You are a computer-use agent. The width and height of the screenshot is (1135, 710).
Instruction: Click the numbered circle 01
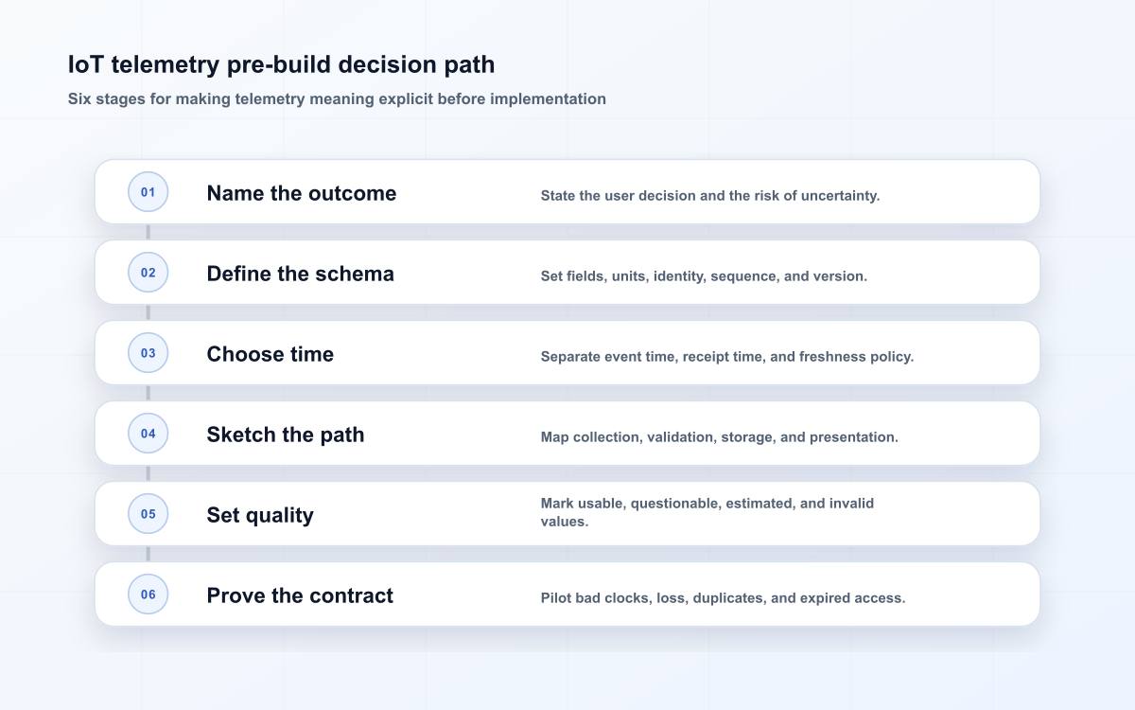pyautogui.click(x=148, y=191)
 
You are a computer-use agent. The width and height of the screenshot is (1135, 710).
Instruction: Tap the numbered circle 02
pyautogui.click(x=148, y=273)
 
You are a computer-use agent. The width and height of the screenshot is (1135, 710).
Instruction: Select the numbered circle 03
pyautogui.click(x=148, y=353)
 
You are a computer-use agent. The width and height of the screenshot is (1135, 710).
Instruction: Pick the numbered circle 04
pyautogui.click(x=148, y=434)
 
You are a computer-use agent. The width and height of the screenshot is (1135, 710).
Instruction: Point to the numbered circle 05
pyautogui.click(x=148, y=514)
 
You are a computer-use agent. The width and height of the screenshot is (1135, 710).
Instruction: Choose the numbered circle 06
pyautogui.click(x=148, y=595)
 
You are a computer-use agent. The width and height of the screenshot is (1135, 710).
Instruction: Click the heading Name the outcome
pyautogui.click(x=302, y=193)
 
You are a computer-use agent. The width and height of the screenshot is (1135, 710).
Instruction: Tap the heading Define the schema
pyautogui.click(x=301, y=274)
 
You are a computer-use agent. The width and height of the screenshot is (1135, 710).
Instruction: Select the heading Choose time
pyautogui.click(x=271, y=354)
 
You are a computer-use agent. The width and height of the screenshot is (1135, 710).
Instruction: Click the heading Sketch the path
pyautogui.click(x=286, y=435)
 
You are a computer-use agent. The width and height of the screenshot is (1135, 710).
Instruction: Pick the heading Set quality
pyautogui.click(x=260, y=515)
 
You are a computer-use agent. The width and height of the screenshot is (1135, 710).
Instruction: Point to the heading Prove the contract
pyautogui.click(x=300, y=595)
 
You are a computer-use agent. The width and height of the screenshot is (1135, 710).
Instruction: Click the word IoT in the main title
pyautogui.click(x=86, y=64)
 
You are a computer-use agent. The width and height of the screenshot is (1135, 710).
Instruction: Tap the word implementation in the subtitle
pyautogui.click(x=548, y=98)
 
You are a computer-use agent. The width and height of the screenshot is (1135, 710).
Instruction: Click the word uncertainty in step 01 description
pyautogui.click(x=840, y=196)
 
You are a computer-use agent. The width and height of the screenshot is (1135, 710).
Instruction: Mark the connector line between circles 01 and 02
pyautogui.click(x=148, y=232)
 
